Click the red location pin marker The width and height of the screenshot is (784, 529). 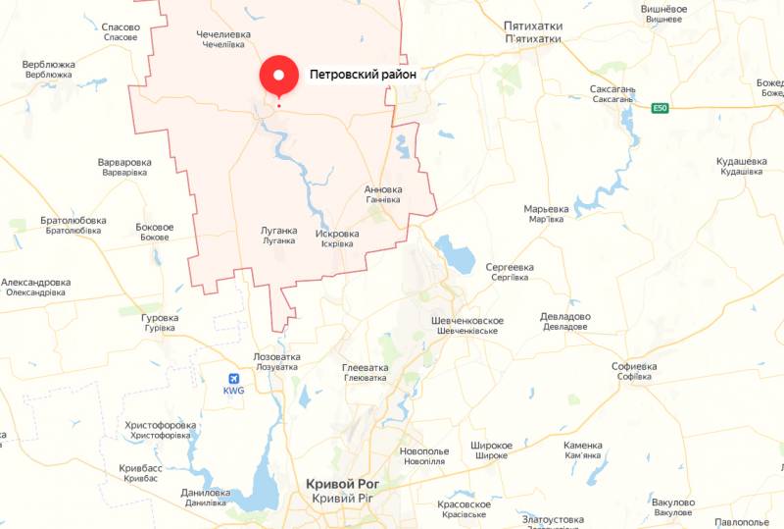coord(278,75)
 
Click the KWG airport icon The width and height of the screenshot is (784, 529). coord(233,378)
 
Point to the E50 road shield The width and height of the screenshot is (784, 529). coord(661,109)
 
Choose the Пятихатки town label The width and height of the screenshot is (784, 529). coord(532,26)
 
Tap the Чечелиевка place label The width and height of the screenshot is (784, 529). coord(222,34)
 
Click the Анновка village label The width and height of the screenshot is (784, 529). coord(382,189)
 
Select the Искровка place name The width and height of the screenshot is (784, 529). coord(337,234)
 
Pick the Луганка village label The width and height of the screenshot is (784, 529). coord(278,231)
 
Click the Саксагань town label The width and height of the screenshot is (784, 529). coord(612,89)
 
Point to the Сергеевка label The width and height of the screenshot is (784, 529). coord(509,267)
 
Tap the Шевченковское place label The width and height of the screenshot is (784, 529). coord(467,321)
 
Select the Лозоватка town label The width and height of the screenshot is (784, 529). coord(275,356)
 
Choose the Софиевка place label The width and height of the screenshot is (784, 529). coord(634,366)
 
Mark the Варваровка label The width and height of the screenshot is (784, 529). coord(124,162)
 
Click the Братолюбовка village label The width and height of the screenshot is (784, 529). coord(73,221)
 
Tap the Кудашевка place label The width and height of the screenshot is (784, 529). coord(741,161)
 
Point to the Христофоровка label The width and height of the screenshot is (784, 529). coord(161,425)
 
